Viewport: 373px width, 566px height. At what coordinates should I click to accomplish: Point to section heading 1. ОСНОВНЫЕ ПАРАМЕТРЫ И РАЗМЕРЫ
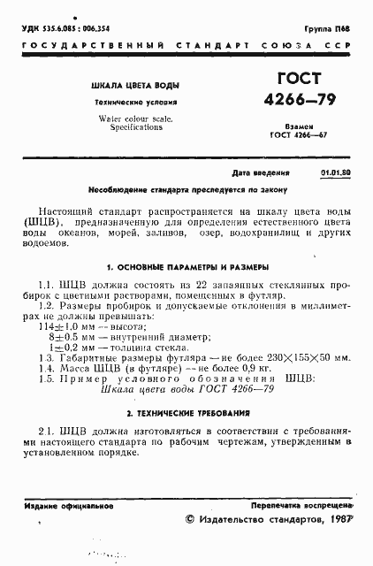(x=186, y=265)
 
